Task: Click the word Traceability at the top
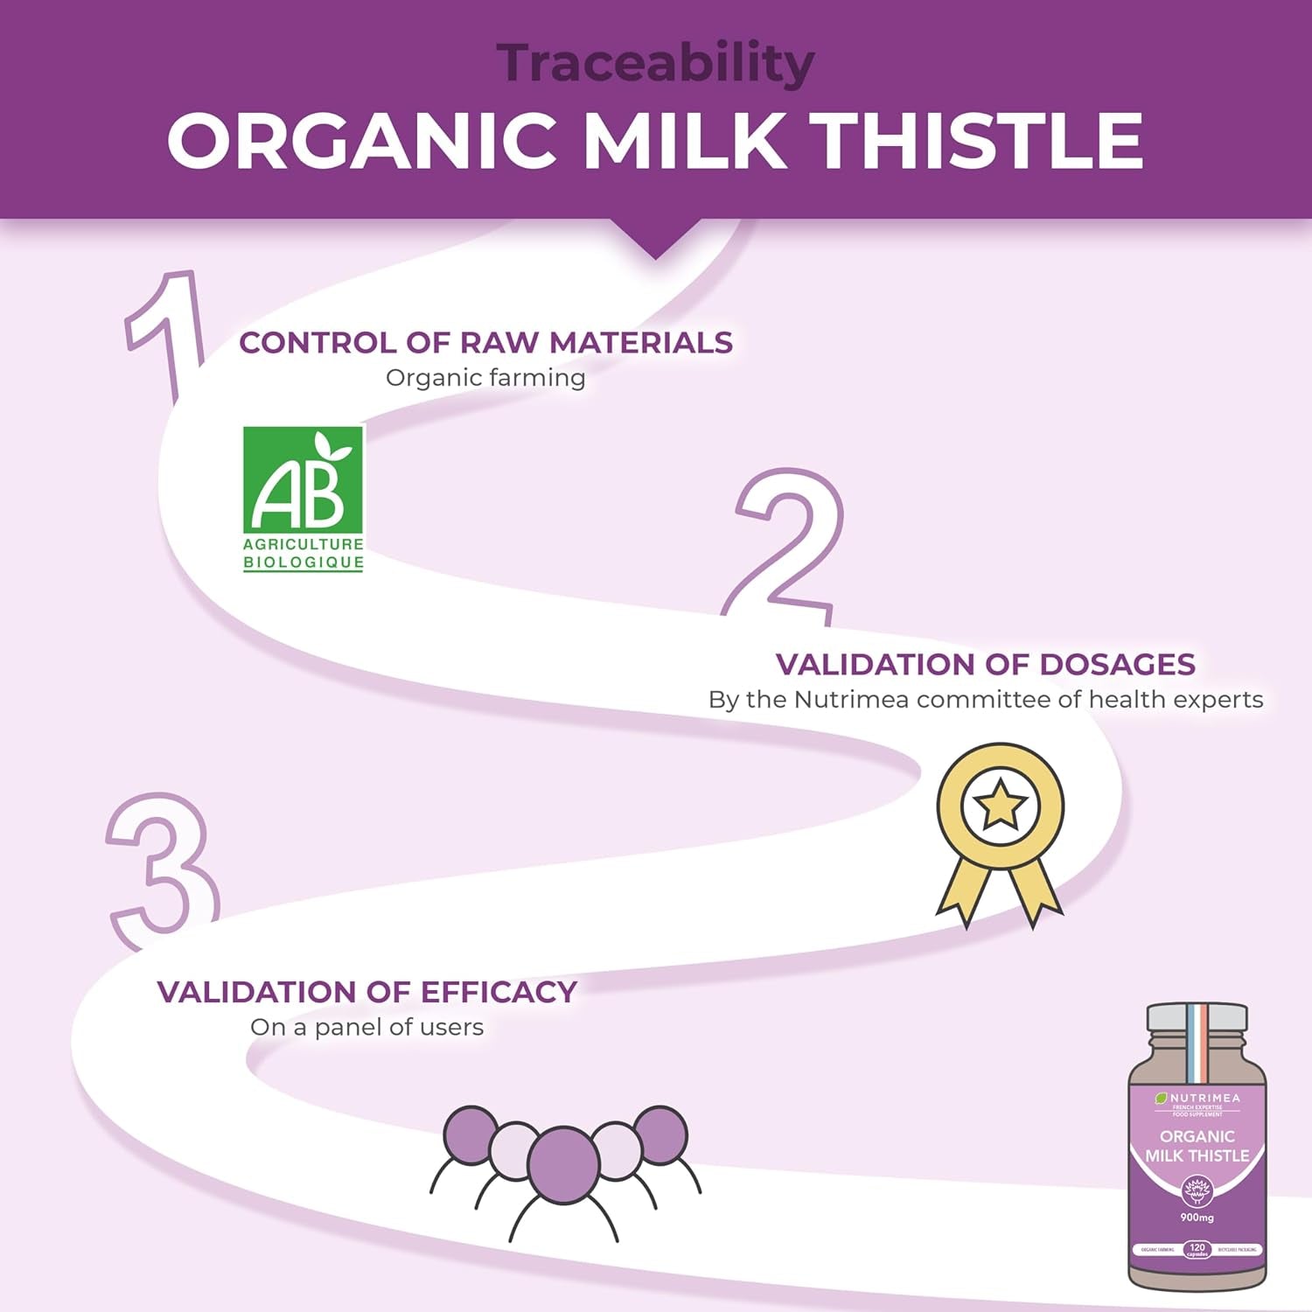point(655,63)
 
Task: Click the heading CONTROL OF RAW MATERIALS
point(485,342)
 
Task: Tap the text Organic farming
point(485,378)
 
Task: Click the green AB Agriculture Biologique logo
point(303,499)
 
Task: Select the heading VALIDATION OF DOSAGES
point(985,664)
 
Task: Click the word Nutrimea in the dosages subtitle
point(851,700)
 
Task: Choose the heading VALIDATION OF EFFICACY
point(366,991)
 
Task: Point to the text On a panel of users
point(366,1027)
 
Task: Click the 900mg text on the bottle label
point(1197,1217)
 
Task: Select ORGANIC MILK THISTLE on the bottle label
point(1197,1146)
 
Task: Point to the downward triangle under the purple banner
point(655,241)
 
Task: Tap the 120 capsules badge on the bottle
point(1197,1249)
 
